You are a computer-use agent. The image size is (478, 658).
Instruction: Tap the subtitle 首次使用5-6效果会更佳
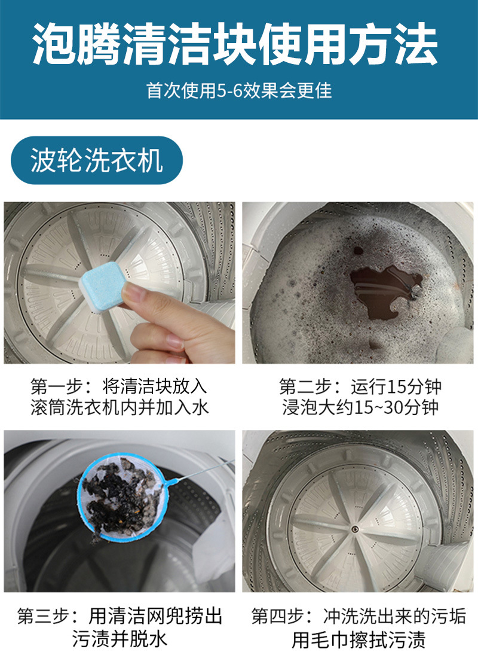pos(239,90)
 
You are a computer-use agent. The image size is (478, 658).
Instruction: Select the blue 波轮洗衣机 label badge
pos(97,160)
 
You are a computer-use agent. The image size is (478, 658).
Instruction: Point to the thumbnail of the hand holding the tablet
pos(119,282)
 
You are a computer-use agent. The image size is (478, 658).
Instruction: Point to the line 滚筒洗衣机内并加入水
pos(119,408)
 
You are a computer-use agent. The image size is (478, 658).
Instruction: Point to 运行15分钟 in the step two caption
pos(397,385)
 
